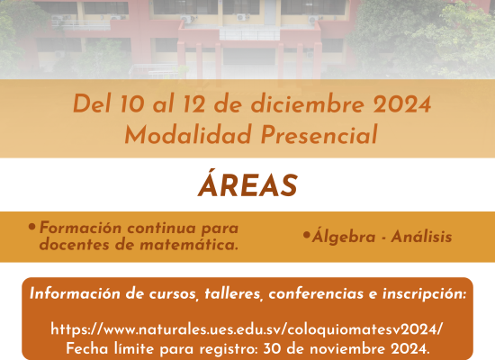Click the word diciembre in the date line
[308, 103]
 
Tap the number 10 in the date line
[132, 103]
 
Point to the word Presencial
[319, 134]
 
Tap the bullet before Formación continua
[31, 227]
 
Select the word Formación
[80, 228]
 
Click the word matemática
[189, 245]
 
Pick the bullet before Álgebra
[306, 235]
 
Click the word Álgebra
[344, 236]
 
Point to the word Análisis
[421, 237]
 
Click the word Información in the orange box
[75, 293]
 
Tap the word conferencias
[316, 293]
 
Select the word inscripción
[424, 294]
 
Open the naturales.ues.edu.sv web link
[247, 329]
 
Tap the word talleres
[234, 294]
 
